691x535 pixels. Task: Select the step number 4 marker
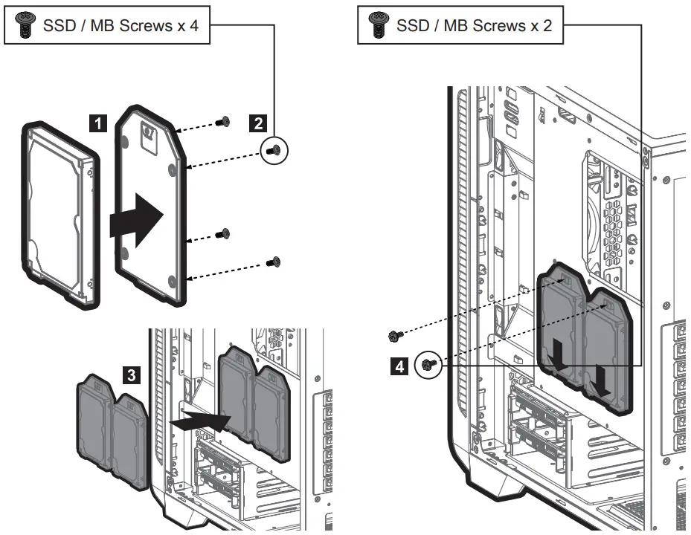399,366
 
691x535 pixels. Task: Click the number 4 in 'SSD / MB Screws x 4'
193,27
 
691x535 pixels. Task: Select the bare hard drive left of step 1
60,215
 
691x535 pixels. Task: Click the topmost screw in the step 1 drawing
222,122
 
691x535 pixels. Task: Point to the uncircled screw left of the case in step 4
395,337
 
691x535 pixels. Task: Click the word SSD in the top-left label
60,27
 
